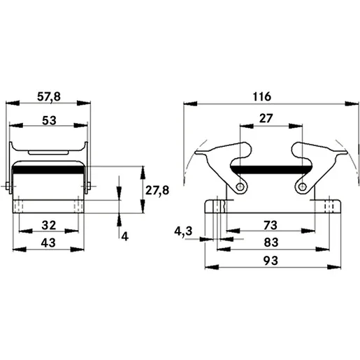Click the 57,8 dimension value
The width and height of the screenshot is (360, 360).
tap(49, 96)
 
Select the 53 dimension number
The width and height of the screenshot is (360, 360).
tap(49, 120)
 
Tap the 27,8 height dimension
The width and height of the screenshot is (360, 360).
tap(157, 191)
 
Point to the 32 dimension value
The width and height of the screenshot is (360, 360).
tap(49, 225)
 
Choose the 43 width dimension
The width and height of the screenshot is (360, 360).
tap(48, 243)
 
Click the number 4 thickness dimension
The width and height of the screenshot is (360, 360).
tap(125, 237)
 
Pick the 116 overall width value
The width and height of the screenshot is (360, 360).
tap(262, 96)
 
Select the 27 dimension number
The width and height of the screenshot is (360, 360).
tap(266, 118)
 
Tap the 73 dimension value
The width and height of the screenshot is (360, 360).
tap(271, 225)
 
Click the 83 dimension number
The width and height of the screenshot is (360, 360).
tap(271, 243)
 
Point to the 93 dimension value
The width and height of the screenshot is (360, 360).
tap(271, 261)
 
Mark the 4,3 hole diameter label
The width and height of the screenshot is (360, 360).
tap(183, 231)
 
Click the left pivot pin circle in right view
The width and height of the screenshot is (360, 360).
tap(240, 187)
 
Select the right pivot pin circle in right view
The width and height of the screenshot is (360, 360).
tap(302, 187)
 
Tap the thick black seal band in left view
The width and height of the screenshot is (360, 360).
tap(49, 170)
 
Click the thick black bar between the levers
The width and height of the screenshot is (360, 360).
tap(271, 170)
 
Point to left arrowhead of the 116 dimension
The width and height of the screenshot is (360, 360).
tap(190, 103)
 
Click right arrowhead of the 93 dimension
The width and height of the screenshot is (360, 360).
tap(334, 267)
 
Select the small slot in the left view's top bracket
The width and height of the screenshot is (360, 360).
tap(48, 153)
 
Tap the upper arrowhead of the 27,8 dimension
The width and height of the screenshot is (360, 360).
tap(143, 173)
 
